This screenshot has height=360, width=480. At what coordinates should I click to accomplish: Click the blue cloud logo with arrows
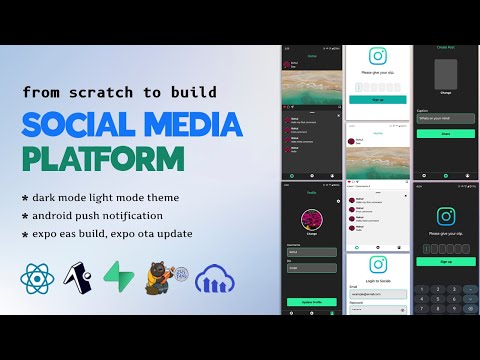[218, 281]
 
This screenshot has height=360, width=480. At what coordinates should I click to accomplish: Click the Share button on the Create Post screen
[445, 131]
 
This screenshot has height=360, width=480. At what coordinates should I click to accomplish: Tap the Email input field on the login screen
[378, 294]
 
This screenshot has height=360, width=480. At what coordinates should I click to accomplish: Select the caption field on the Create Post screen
[445, 116]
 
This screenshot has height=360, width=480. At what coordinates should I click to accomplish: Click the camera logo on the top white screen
[378, 57]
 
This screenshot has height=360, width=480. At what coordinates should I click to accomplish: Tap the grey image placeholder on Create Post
[445, 74]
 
